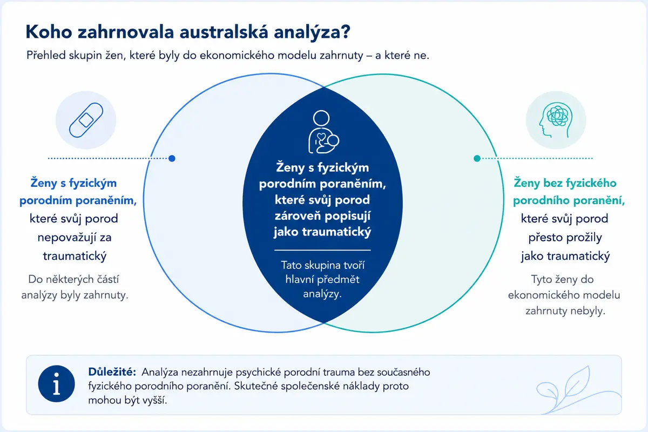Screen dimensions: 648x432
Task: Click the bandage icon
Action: click(x=86, y=120)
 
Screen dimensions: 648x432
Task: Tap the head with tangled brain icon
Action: click(x=556, y=120)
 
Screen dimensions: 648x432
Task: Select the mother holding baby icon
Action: click(x=323, y=132)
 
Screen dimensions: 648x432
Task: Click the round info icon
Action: click(x=56, y=384)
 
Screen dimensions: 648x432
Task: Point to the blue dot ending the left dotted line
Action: click(x=172, y=158)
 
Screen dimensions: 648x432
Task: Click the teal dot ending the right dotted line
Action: click(x=477, y=158)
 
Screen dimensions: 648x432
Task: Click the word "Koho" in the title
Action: click(x=49, y=32)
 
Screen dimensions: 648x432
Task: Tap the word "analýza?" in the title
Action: click(x=312, y=32)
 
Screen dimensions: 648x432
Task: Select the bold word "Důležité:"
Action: click(x=112, y=372)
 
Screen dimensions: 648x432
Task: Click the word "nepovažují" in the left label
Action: click(x=66, y=238)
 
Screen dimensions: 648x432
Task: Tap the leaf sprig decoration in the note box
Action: click(x=578, y=390)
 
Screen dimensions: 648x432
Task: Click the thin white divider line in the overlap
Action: click(x=322, y=250)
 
